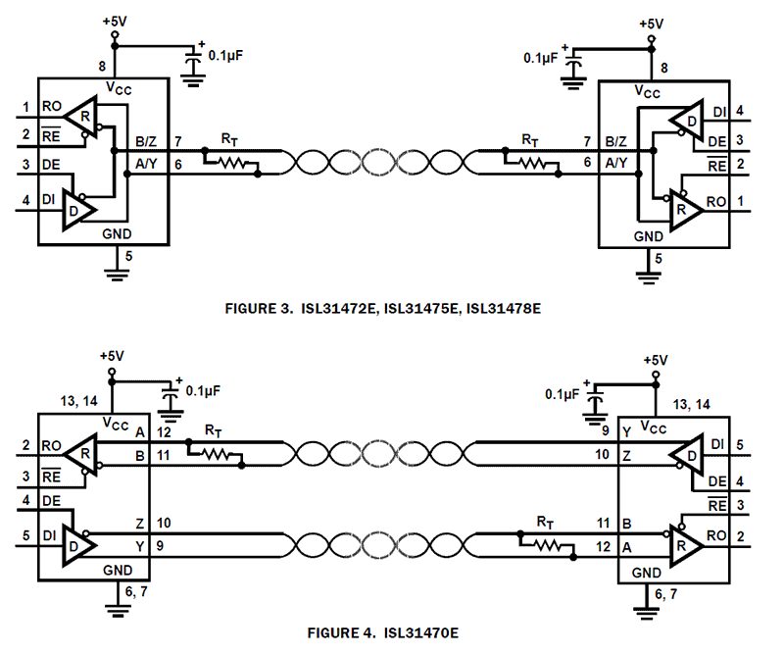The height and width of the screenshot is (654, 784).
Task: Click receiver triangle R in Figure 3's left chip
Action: point(81,116)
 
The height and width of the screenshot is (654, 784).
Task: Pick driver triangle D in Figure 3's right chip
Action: point(687,121)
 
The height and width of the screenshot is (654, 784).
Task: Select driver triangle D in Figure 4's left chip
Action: point(77,541)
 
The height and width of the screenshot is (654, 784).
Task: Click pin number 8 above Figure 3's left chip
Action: point(102,67)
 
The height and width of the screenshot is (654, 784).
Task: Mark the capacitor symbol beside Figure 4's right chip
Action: point(595,400)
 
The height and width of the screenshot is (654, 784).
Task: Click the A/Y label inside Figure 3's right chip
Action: point(617,163)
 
